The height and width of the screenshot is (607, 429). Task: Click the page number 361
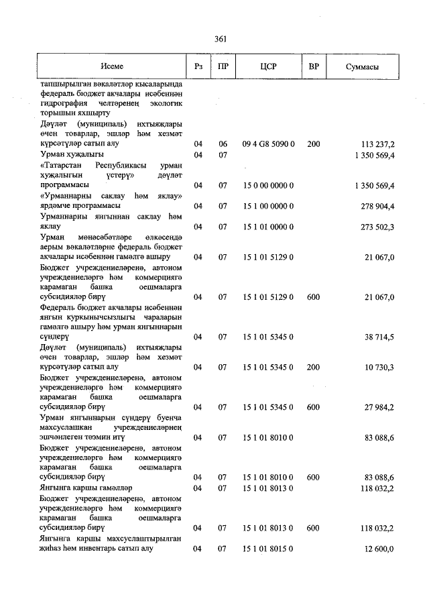click(220, 40)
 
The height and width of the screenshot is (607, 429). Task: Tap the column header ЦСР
click(268, 67)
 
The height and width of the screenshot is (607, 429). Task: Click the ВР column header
click(313, 67)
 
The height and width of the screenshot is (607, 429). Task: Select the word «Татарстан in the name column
click(63, 164)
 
